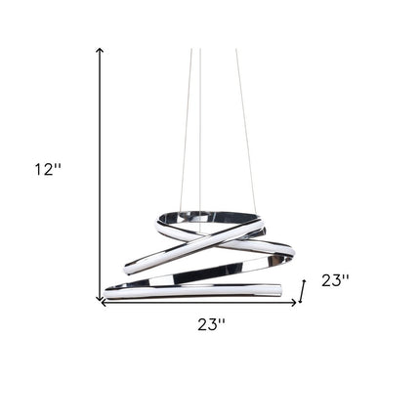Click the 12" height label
tap(48, 169)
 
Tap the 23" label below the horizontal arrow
tap(211, 324)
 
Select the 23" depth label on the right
tap(335, 280)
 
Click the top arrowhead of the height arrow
tap(100, 51)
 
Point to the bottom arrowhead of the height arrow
tap(100, 298)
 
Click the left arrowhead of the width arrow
tap(105, 303)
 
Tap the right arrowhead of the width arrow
tap(293, 303)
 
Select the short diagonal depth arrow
tap(303, 291)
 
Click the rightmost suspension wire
tap(246, 130)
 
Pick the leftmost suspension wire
tap(186, 129)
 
